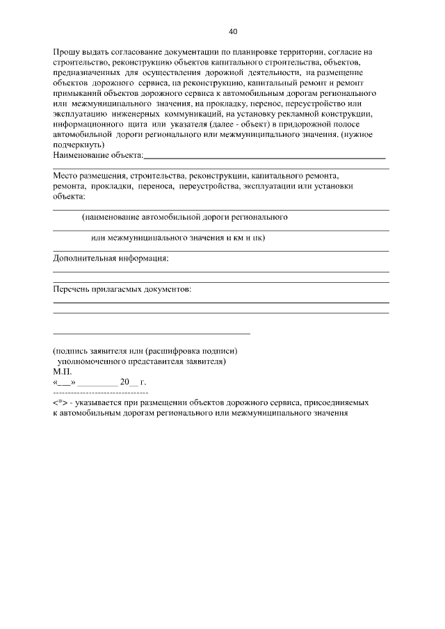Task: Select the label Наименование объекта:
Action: (98, 155)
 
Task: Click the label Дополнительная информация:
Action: (111, 259)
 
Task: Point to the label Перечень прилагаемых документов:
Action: (122, 288)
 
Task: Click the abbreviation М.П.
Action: (63, 372)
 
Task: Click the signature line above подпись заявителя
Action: (152, 334)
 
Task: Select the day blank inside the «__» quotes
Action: (64, 383)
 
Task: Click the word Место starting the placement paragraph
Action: (67, 177)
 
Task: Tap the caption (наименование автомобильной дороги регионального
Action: (185, 218)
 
